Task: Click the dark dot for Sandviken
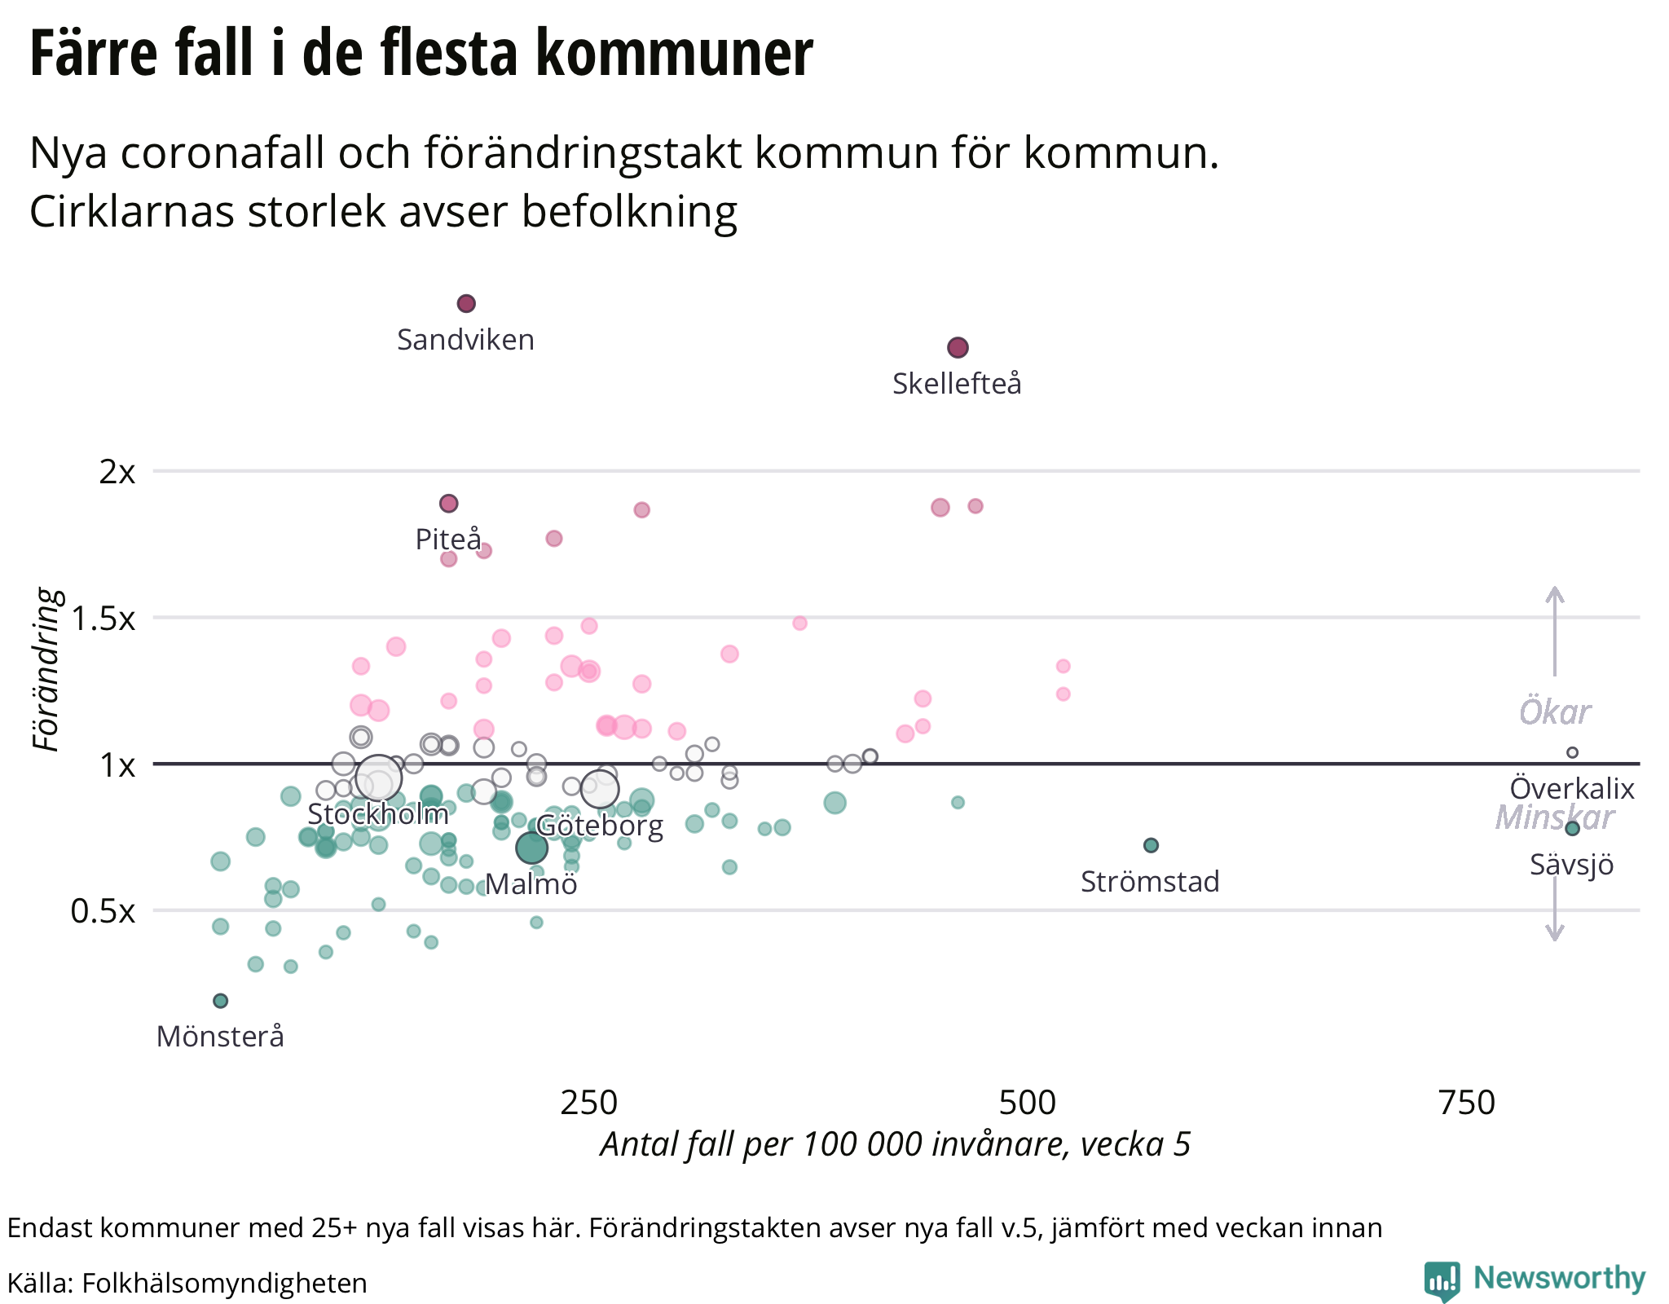pos(466,304)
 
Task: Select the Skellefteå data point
pos(958,348)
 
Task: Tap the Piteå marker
pos(449,504)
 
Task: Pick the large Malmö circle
pos(531,848)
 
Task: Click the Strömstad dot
pos(1151,845)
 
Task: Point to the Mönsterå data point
pos(220,1001)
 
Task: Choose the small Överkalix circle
pos(1572,752)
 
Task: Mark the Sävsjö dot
pos(1572,828)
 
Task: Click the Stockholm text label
pos(378,814)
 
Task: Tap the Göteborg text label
pos(600,826)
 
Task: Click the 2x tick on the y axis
pos(117,472)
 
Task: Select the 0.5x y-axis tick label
pos(103,911)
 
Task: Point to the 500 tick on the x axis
pos(1027,1103)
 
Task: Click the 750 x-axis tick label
pos(1466,1103)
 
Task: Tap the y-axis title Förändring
pos(47,670)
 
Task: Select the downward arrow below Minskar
pos(1555,905)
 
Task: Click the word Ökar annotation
pos(1555,712)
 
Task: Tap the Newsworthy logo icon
pos(1442,1280)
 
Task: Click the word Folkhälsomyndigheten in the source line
pos(224,1283)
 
